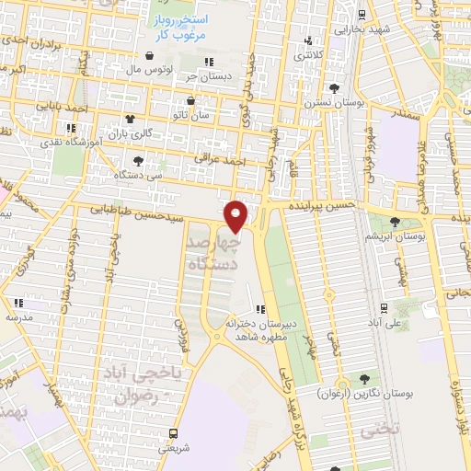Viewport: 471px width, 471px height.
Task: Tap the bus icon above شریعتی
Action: point(173,432)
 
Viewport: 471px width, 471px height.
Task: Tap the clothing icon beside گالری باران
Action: point(129,119)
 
